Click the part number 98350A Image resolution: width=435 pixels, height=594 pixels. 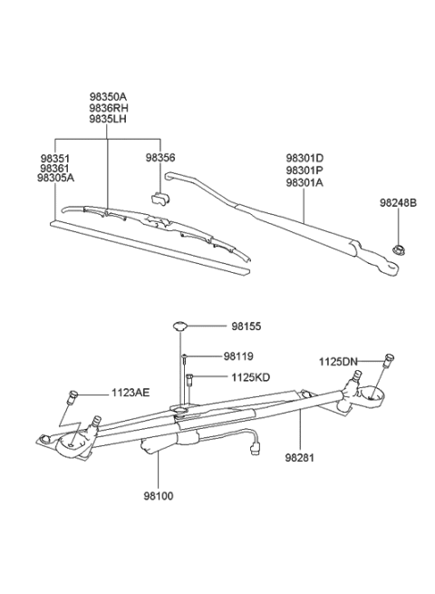pyautogui.click(x=108, y=95)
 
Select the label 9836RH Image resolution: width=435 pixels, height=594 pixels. pyautogui.click(x=108, y=107)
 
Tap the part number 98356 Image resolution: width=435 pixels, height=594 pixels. pyautogui.click(x=160, y=157)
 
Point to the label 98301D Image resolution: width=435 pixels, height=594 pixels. pyautogui.click(x=304, y=157)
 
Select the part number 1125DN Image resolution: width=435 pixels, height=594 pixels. pyautogui.click(x=337, y=362)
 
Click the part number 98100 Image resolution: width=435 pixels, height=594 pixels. pyautogui.click(x=158, y=497)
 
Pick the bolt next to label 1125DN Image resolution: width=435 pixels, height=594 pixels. pyautogui.click(x=388, y=358)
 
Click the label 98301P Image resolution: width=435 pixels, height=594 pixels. pyautogui.click(x=304, y=169)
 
